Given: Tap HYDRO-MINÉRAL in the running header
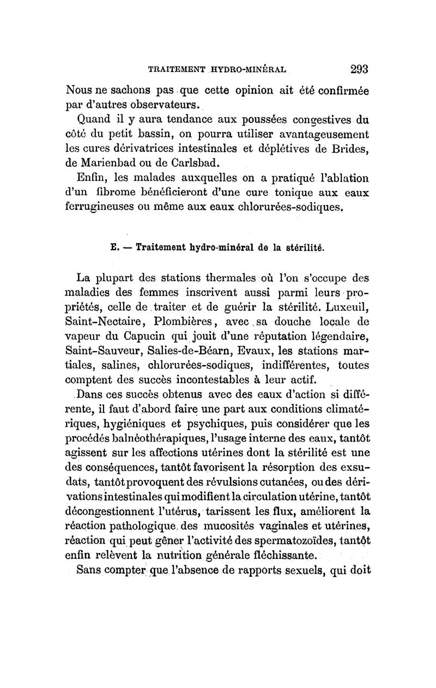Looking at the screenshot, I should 250,70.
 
